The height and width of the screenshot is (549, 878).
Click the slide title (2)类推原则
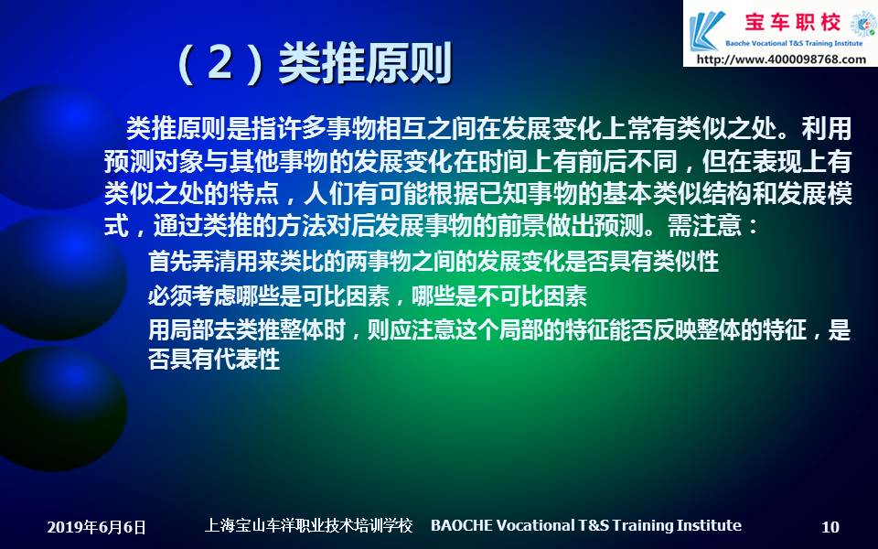click(x=314, y=63)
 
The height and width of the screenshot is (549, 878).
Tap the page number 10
click(x=830, y=527)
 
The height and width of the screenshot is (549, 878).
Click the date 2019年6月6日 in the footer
click(x=96, y=527)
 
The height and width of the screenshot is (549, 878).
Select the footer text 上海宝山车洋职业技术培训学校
click(x=308, y=525)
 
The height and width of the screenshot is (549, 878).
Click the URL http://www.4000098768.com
click(x=781, y=59)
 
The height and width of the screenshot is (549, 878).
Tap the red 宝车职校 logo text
click(x=792, y=22)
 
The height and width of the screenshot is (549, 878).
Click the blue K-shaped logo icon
click(x=707, y=31)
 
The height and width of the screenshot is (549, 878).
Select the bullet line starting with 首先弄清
click(x=433, y=261)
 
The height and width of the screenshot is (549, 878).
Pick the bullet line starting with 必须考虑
click(x=368, y=296)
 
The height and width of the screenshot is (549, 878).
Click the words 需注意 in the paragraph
click(x=705, y=226)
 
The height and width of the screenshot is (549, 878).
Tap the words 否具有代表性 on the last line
click(x=214, y=359)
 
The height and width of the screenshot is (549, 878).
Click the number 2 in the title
click(x=220, y=63)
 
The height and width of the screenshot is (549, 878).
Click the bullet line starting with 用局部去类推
click(x=499, y=330)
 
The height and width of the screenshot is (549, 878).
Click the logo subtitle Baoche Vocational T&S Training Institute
click(x=794, y=43)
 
